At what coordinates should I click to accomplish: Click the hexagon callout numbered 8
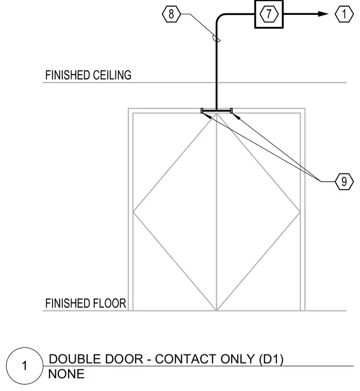171,14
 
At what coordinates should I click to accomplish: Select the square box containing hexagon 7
269,14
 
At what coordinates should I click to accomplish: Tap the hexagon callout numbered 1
344,14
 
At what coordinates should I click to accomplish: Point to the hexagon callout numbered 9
344,182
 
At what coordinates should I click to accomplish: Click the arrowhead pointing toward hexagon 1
323,14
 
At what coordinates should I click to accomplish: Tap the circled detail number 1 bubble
25,366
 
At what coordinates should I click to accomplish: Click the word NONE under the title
66,374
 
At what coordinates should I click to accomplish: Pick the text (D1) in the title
271,359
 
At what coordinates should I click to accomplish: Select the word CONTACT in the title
186,359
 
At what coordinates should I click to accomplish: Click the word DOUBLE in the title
74,359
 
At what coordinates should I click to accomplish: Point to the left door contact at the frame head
202,111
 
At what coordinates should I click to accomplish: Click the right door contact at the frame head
231,111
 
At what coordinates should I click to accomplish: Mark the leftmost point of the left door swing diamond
133,212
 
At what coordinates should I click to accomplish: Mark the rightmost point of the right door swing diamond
300,212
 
